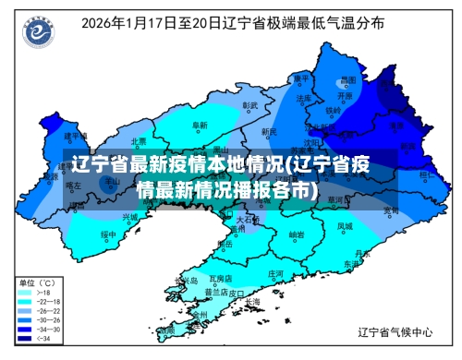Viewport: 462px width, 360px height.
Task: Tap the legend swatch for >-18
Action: [24, 293]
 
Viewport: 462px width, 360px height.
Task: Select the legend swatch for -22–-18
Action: [24, 302]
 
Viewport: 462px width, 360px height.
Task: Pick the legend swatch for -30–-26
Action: [24, 321]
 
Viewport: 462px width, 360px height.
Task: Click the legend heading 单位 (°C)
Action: [38, 282]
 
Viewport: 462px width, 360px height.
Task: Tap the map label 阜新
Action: [200, 125]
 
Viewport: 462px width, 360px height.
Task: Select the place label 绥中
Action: [108, 234]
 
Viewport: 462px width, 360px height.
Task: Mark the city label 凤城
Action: [344, 225]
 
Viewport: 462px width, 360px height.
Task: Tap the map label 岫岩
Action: [296, 234]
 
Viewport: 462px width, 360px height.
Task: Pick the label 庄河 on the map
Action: [275, 273]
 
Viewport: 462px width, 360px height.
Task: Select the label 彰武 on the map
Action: [249, 105]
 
